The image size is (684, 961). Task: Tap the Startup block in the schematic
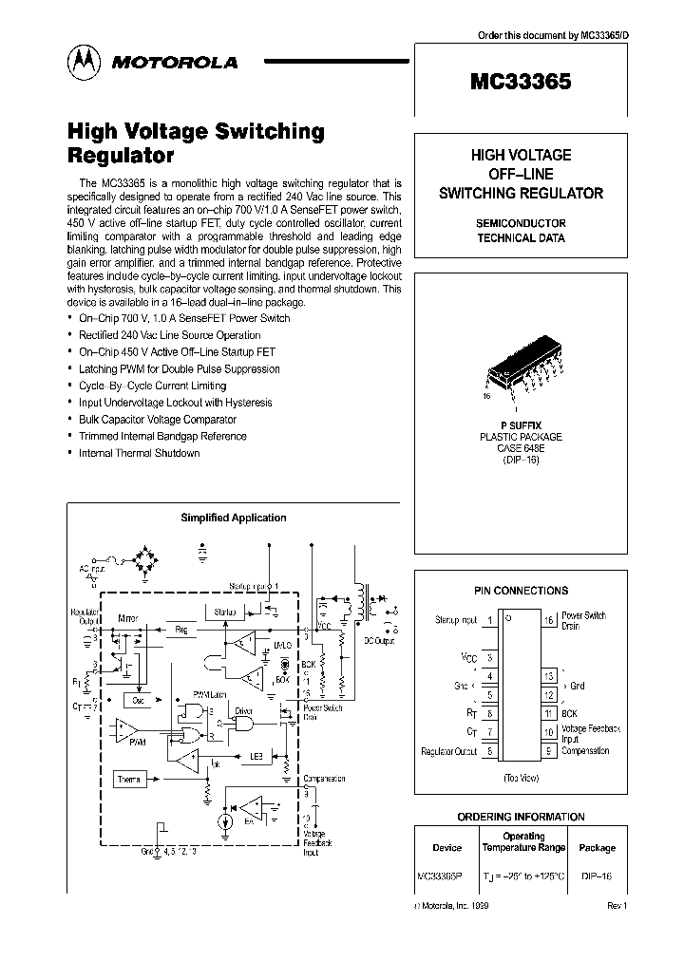(x=224, y=612)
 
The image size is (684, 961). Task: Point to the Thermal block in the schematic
(x=130, y=779)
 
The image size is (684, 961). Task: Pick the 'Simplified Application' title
(x=234, y=518)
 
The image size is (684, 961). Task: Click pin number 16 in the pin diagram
(x=547, y=620)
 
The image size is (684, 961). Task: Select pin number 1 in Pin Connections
(x=488, y=620)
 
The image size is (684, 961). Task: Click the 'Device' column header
(x=446, y=848)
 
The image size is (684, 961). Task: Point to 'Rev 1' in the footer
(x=617, y=907)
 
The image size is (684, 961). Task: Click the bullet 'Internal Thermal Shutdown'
(x=139, y=453)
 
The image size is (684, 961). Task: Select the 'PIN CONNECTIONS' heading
(x=521, y=591)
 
